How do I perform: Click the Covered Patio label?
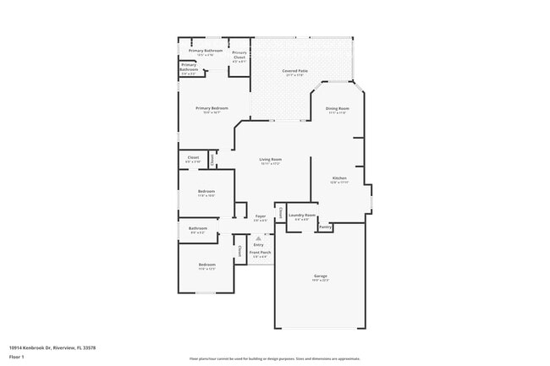[x=294, y=71]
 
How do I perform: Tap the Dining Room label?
[x=338, y=109]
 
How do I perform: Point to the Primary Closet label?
[x=239, y=56]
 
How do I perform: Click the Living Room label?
[x=270, y=159]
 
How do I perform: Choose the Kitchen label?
[x=339, y=178]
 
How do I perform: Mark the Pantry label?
[x=325, y=227]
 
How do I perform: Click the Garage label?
[x=320, y=276]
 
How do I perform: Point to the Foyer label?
[x=261, y=216]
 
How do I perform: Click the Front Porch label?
[x=261, y=252]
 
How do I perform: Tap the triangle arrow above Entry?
[x=259, y=239]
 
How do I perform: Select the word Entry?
[x=259, y=245]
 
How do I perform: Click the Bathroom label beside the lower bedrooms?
[x=198, y=228]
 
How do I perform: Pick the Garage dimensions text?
[x=320, y=281]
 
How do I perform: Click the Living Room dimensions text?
[x=270, y=164]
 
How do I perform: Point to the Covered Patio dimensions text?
[x=294, y=75]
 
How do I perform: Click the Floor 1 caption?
[x=17, y=357]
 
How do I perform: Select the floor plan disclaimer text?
[x=274, y=358]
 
